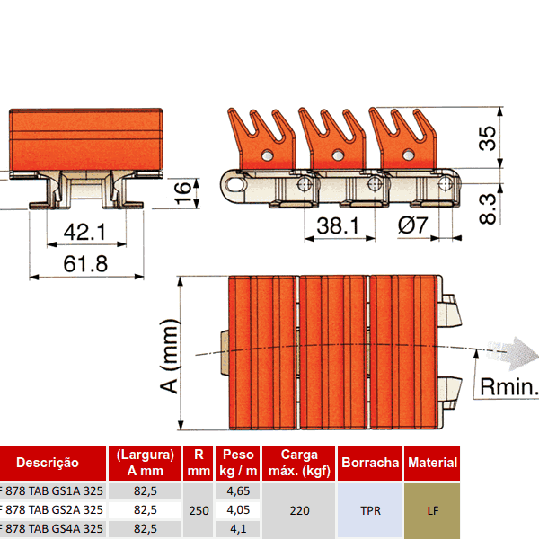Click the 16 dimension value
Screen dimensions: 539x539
pyautogui.click(x=181, y=189)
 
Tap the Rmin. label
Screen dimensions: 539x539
pyautogui.click(x=508, y=387)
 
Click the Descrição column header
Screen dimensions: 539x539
pyautogui.click(x=49, y=463)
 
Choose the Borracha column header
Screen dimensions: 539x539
pyautogui.click(x=370, y=463)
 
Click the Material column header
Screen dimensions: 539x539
pyautogui.click(x=432, y=463)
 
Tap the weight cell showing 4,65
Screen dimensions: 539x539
pyautogui.click(x=238, y=491)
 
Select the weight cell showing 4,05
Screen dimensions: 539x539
pyautogui.click(x=238, y=509)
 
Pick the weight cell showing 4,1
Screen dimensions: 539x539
pyautogui.click(x=238, y=528)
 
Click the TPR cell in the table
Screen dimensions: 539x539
pyautogui.click(x=370, y=509)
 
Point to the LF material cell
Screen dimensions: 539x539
pyautogui.click(x=432, y=509)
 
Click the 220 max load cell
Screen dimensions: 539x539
pyautogui.click(x=299, y=509)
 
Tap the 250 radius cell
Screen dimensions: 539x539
pyautogui.click(x=199, y=509)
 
